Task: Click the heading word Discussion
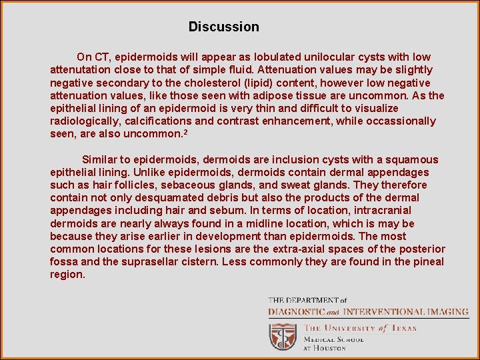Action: tap(223, 27)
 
